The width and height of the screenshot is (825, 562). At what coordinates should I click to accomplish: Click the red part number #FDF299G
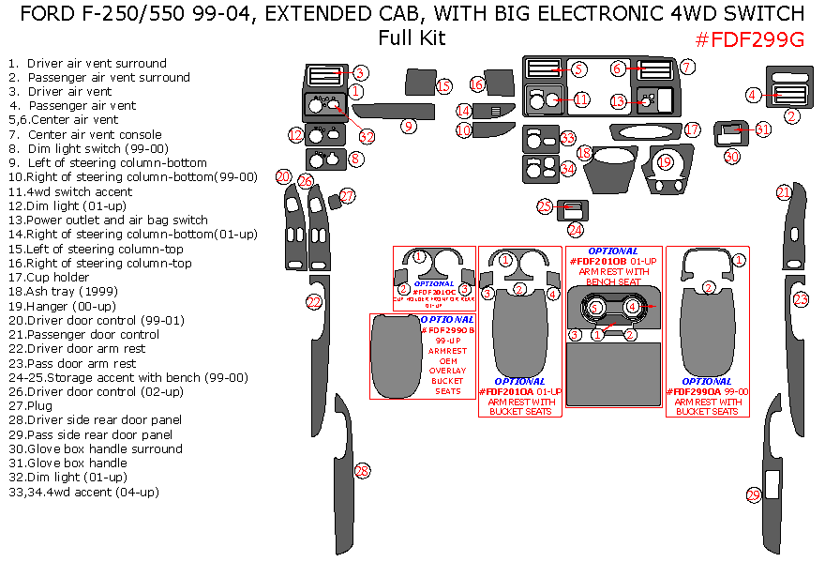pos(749,39)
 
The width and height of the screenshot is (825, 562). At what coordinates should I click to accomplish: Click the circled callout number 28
pos(362,471)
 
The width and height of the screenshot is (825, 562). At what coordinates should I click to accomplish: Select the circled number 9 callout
pos(408,126)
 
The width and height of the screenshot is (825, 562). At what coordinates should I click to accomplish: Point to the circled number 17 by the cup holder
pos(692,129)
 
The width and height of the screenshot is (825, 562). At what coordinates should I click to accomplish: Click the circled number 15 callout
pos(443,86)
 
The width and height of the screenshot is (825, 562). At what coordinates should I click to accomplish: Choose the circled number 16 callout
pos(476,85)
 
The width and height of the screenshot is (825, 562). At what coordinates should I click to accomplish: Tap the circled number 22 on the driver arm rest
pos(314,302)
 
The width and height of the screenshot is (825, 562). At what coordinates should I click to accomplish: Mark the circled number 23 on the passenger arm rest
pos(801,299)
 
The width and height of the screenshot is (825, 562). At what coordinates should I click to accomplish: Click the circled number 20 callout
pos(283,175)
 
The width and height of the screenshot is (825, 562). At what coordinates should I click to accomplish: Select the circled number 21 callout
pos(784,192)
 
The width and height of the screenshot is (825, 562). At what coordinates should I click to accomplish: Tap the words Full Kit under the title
pos(412,39)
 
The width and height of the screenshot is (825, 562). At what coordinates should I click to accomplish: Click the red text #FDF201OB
pos(598,260)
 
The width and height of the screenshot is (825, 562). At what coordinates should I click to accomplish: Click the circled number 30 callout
pos(731,156)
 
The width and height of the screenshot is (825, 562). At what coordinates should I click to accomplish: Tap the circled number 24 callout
pos(575,229)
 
